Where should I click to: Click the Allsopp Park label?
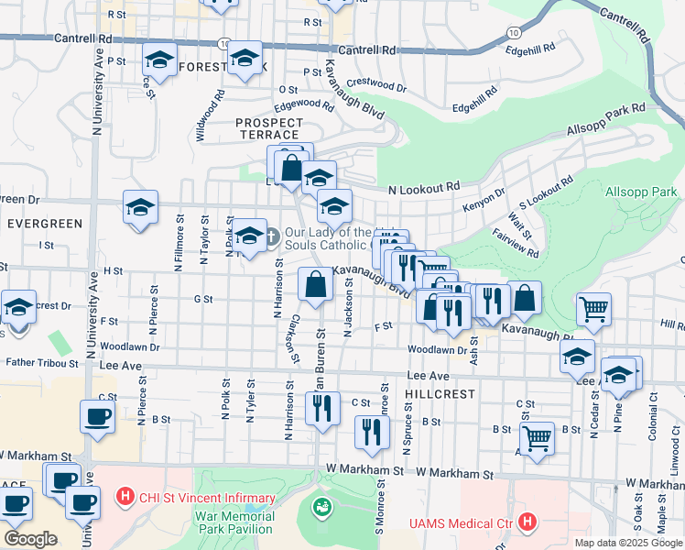point(641,192)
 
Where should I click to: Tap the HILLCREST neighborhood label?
point(445,393)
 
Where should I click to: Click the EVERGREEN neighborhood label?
point(44,224)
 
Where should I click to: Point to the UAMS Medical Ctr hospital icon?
point(527,522)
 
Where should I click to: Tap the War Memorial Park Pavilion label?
point(234,523)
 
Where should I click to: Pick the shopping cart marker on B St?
point(536,436)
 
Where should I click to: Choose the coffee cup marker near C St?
point(97,416)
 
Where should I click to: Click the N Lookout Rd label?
point(423,187)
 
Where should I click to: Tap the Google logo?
point(30,539)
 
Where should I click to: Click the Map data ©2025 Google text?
point(627,543)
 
